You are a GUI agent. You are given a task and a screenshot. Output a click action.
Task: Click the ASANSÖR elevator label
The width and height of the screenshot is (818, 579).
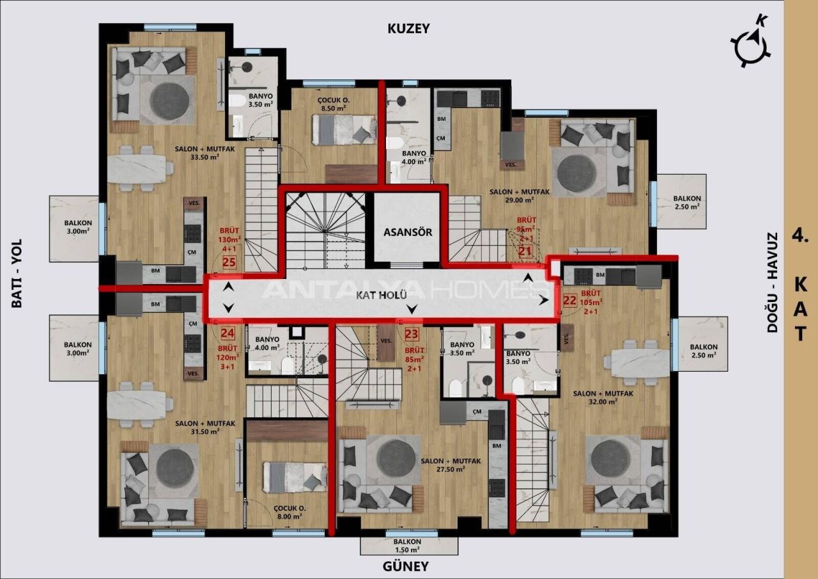tap(407, 232)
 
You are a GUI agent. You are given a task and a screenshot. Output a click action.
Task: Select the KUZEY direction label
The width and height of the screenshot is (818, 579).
tap(409, 29)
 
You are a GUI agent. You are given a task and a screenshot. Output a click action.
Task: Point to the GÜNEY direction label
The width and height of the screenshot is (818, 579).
tap(405, 566)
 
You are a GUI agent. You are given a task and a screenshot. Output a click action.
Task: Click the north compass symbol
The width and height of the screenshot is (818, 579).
tap(751, 44)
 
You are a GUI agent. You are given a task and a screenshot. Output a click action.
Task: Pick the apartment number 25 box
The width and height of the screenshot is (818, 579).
tap(229, 262)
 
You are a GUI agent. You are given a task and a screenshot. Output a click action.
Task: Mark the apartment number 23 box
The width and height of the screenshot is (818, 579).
tap(412, 333)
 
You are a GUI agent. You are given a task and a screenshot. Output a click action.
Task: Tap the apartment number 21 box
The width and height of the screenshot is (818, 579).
tap(525, 251)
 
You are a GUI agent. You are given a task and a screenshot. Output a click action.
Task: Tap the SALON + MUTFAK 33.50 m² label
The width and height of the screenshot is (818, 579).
tap(197, 153)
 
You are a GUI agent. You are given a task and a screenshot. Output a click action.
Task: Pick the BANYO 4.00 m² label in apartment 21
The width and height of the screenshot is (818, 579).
tap(413, 157)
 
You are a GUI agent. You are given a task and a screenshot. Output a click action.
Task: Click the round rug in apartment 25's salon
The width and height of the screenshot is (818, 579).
tap(168, 100)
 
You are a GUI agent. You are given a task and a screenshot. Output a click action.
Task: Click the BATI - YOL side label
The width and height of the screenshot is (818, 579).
tap(17, 273)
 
